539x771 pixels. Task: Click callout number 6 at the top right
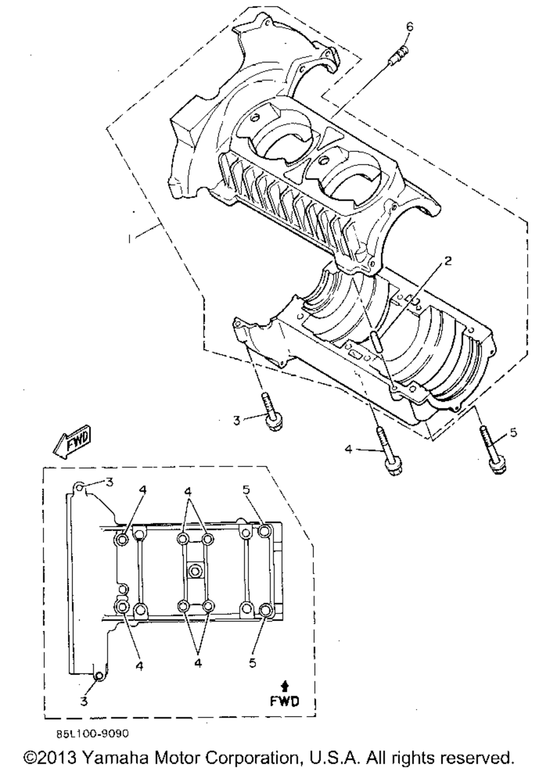point(410,27)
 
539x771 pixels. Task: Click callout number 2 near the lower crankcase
point(447,261)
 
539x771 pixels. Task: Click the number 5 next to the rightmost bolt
point(514,433)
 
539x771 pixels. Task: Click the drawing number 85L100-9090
point(93,733)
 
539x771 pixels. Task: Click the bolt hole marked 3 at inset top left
point(80,487)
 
